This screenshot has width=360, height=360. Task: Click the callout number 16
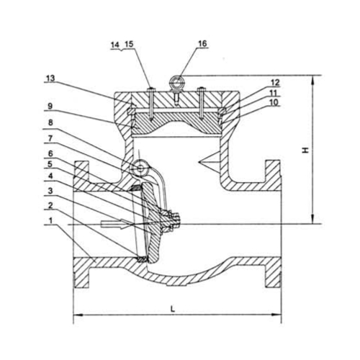(x=202, y=44)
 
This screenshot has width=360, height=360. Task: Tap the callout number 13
(x=50, y=78)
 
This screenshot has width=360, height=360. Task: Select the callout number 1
(x=50, y=220)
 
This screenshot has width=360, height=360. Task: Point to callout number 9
(x=50, y=107)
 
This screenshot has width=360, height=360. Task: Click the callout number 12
(x=275, y=83)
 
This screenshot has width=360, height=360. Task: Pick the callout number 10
(x=274, y=102)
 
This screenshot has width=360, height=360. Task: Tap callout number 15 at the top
(x=129, y=44)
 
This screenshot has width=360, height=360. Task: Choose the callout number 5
(x=50, y=164)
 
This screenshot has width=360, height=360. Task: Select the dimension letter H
(x=305, y=150)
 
